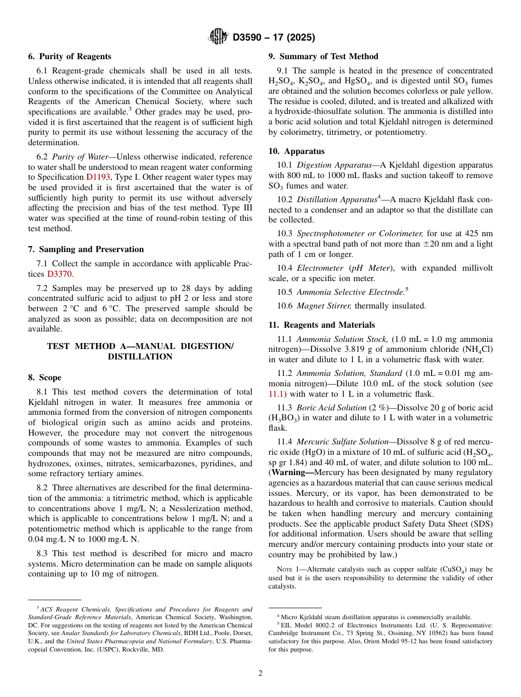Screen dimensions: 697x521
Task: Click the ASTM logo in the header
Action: [218, 37]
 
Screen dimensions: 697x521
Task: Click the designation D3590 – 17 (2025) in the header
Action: [274, 38]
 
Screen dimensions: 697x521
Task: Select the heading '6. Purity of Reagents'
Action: [70, 56]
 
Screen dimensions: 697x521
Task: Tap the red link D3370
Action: [59, 274]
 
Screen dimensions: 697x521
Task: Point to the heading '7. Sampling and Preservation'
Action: [86, 249]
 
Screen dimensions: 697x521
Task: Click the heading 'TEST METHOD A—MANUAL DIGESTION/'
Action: [140, 346]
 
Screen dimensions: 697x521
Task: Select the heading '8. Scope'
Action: [45, 378]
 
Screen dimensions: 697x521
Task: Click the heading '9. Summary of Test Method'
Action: [324, 56]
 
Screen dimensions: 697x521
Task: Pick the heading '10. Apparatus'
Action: [297, 151]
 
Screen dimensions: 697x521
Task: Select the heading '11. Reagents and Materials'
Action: [322, 325]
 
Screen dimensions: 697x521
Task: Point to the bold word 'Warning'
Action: [291, 472]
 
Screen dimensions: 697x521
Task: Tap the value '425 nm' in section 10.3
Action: [479, 233]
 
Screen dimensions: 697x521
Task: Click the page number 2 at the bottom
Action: [260, 673]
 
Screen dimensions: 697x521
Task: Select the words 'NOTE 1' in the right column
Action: [288, 569]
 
